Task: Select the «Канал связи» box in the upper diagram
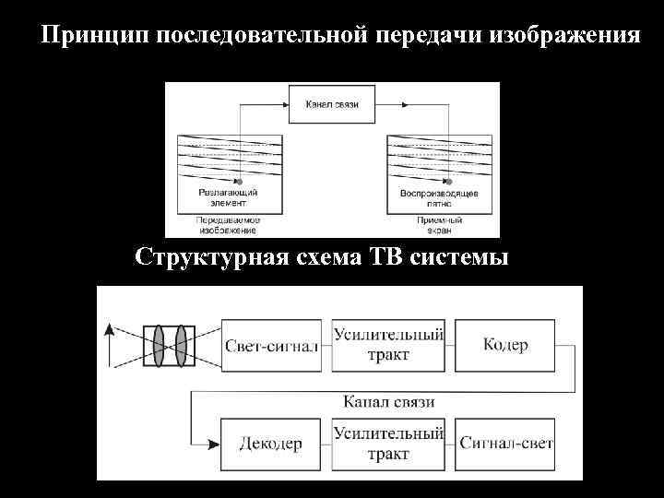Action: pyautogui.click(x=332, y=104)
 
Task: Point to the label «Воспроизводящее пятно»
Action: pyautogui.click(x=439, y=196)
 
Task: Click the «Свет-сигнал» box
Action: pyautogui.click(x=272, y=346)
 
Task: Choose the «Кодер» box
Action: pyautogui.click(x=505, y=346)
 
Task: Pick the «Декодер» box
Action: pyautogui.click(x=272, y=444)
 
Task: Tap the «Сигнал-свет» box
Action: pyautogui.click(x=505, y=444)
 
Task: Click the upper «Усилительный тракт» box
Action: pyautogui.click(x=388, y=346)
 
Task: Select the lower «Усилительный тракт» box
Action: pyautogui.click(x=388, y=444)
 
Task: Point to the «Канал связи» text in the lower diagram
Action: pyautogui.click(x=388, y=402)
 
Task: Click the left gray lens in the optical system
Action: pyautogui.click(x=159, y=347)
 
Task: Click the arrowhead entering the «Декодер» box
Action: pyautogui.click(x=215, y=444)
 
